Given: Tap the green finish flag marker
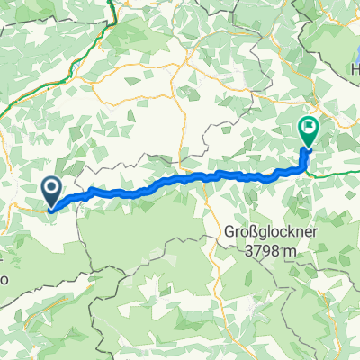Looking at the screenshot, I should (308, 133).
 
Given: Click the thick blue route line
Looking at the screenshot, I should (180, 180).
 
